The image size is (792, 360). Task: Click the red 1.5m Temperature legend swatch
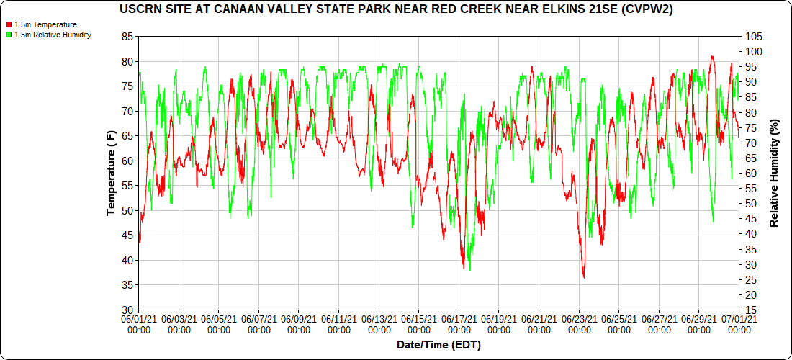click(9, 24)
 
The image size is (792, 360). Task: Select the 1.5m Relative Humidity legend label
click(53, 35)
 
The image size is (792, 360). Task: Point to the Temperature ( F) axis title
click(111, 173)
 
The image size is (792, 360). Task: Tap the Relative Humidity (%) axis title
click(775, 173)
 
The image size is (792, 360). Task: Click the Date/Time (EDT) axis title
click(438, 345)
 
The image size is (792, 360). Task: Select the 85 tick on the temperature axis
click(127, 36)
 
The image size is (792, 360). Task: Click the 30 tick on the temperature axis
click(127, 310)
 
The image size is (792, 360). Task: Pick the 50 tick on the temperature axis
click(127, 210)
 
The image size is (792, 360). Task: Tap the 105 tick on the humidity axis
click(754, 36)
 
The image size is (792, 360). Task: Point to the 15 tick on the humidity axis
click(751, 310)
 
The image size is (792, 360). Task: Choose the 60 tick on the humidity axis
click(751, 173)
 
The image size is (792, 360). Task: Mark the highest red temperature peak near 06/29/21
click(712, 56)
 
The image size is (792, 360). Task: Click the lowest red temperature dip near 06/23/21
click(583, 277)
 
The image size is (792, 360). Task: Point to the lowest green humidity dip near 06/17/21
click(470, 269)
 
